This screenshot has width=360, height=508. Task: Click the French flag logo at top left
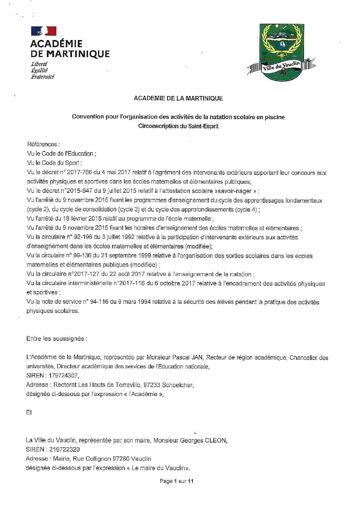tap(43, 31)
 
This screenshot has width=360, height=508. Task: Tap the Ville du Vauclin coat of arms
tap(282, 53)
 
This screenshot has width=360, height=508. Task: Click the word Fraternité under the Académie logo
tap(42, 77)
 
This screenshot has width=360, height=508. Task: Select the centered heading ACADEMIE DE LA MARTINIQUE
tap(178, 98)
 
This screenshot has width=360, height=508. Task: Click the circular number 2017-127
tap(85, 274)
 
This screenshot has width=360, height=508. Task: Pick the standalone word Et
tap(29, 412)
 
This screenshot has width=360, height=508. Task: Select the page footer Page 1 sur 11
tap(177, 481)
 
